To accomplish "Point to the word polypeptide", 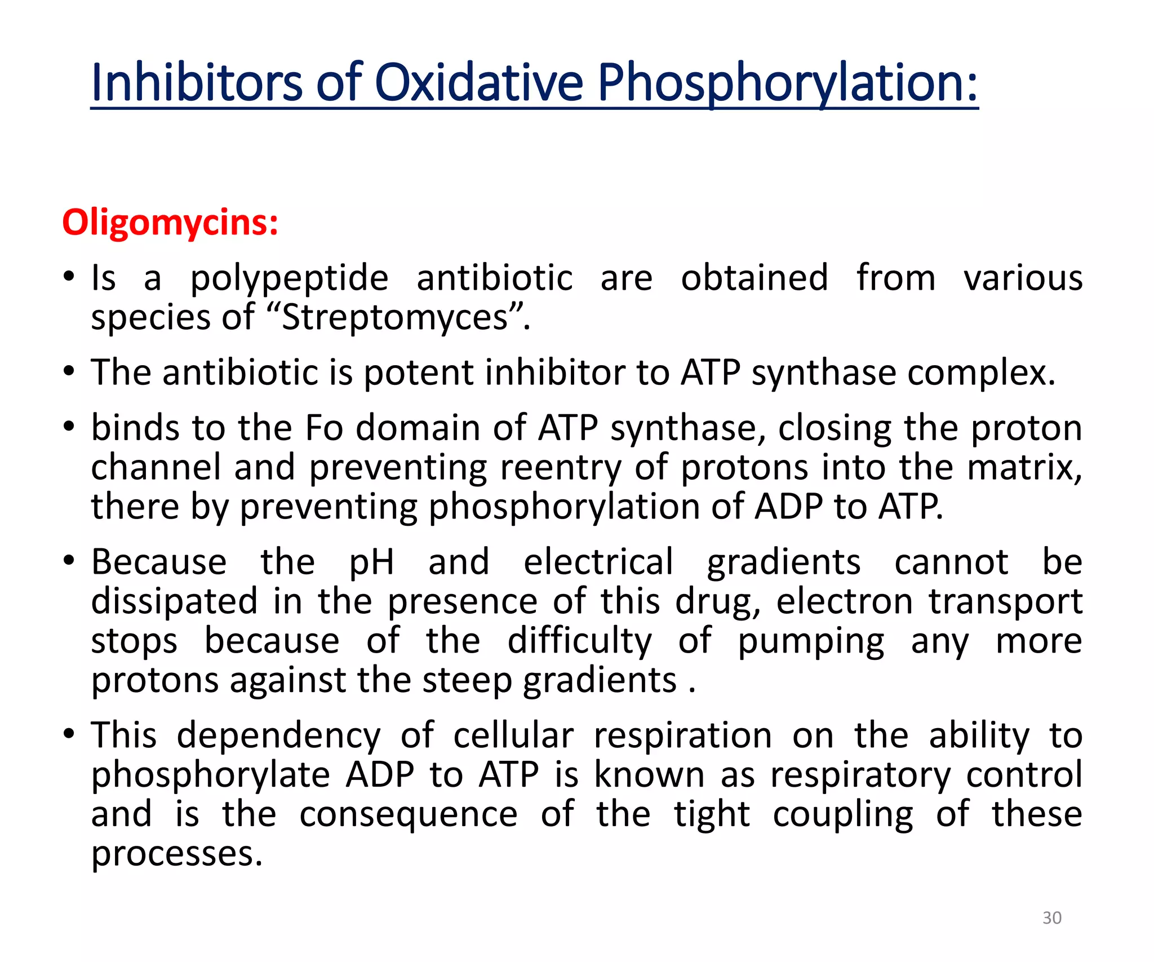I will (x=289, y=278).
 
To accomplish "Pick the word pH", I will (x=371, y=562).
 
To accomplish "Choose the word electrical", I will (x=598, y=562).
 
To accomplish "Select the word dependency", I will (x=279, y=736).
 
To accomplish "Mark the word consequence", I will (x=408, y=814).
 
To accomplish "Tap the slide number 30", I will (x=1051, y=918).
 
